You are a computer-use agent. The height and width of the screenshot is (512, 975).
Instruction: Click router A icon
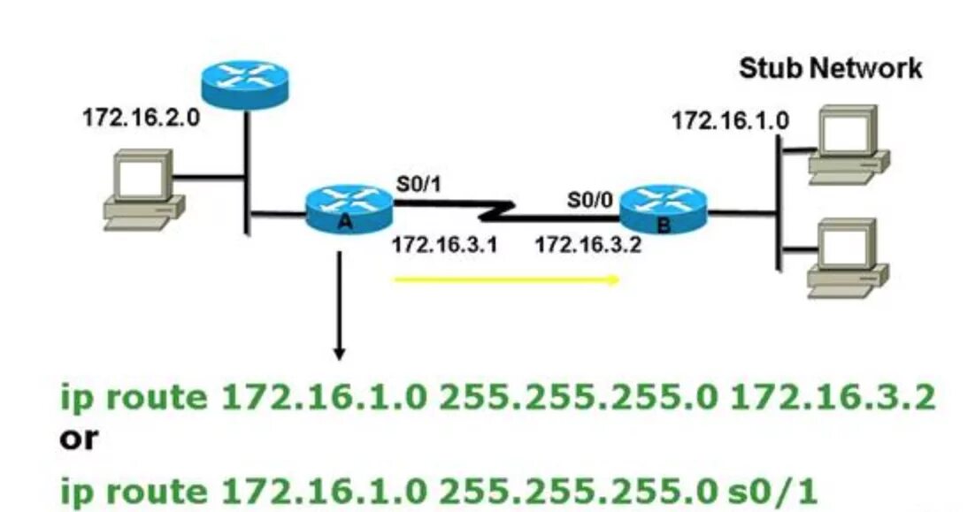349,209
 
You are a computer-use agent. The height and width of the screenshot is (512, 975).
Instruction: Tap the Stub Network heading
830,68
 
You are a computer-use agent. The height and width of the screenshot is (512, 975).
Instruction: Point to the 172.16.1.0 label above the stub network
730,120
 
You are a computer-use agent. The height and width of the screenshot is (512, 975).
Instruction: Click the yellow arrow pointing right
506,280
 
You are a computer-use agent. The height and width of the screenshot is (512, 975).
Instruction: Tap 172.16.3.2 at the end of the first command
833,397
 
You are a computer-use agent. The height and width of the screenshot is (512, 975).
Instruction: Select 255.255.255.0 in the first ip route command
578,397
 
